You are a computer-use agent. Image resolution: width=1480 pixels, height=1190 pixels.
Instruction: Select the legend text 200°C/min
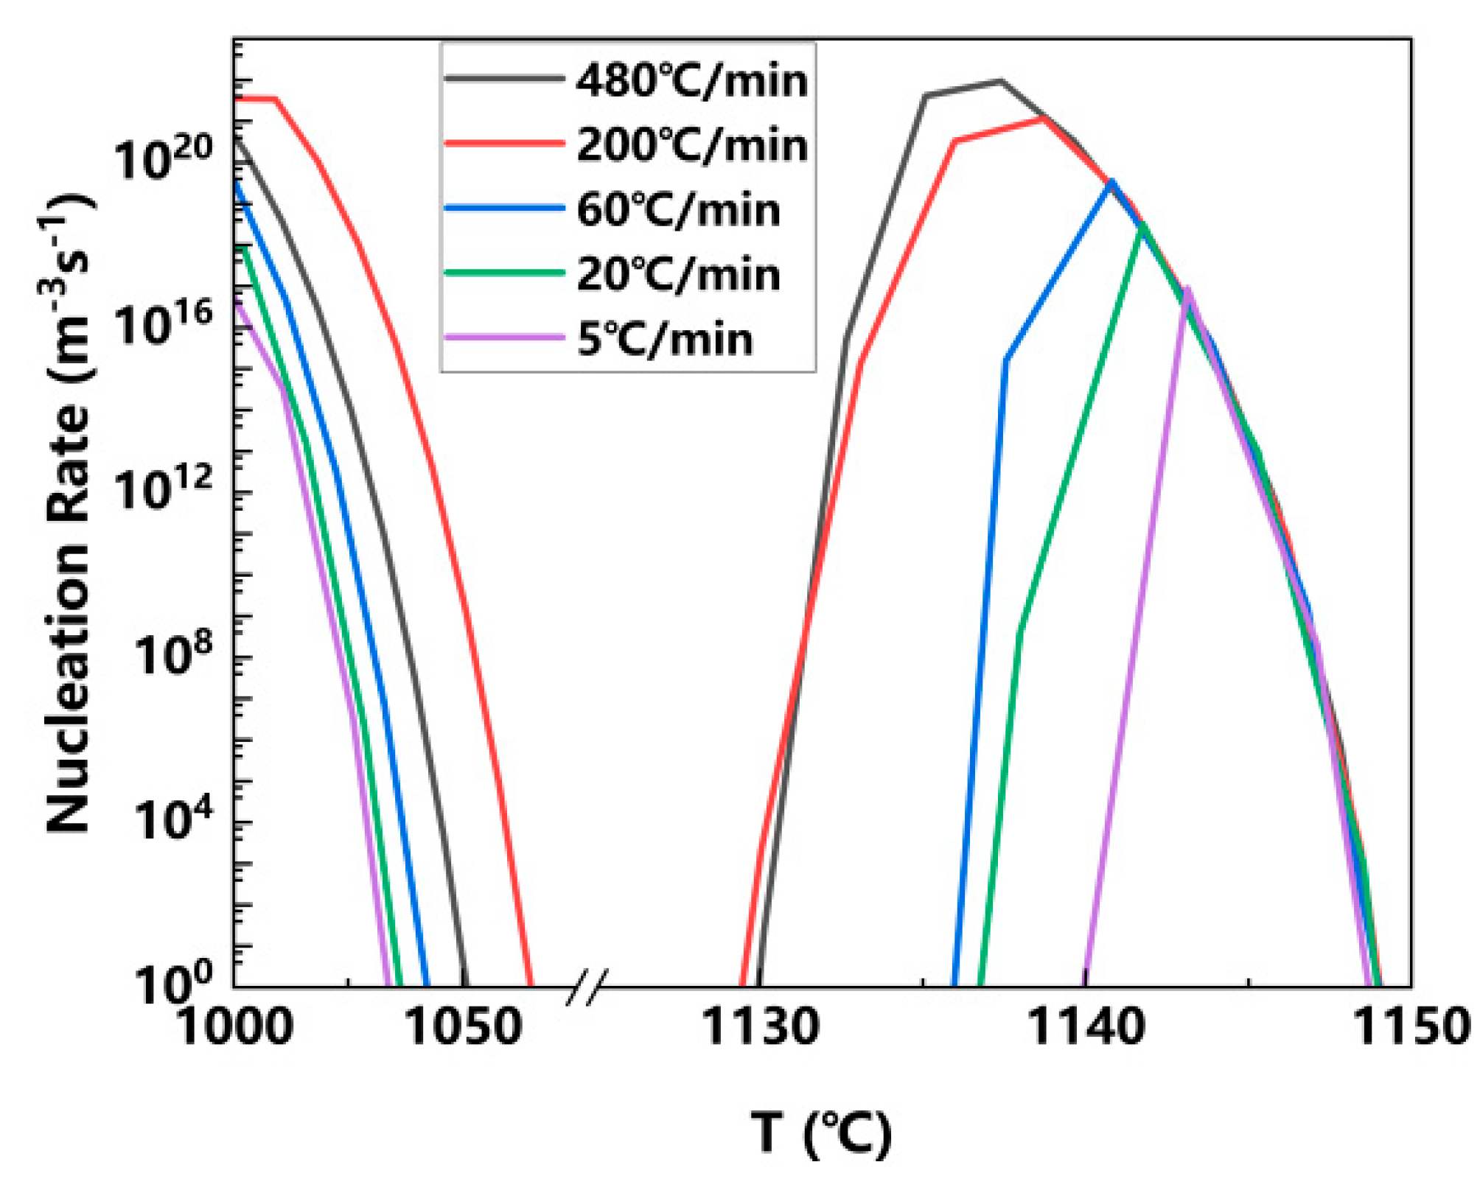pos(691,144)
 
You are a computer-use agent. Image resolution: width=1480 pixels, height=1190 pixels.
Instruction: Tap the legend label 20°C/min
pos(678,274)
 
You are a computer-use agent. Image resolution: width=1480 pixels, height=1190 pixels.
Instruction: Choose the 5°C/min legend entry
pos(665,339)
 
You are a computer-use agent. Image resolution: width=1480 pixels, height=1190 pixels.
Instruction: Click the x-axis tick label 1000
pos(234,1026)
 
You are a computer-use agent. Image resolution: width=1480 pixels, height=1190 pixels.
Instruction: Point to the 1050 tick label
pos(464,1026)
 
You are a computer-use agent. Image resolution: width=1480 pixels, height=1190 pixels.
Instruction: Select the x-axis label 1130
pos(760,1026)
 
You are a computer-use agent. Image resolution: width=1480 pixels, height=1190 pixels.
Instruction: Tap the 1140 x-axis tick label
pos(1086,1026)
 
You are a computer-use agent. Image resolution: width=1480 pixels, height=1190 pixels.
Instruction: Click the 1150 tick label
pos(1411,1026)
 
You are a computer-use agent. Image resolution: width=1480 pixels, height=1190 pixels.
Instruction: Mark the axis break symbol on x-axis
pos(587,987)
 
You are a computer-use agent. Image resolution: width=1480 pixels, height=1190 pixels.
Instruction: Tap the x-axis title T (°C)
pos(822,1133)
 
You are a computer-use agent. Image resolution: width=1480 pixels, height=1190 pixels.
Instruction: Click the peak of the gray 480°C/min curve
pos(1000,80)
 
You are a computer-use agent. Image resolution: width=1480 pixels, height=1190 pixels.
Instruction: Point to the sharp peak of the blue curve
pos(1111,181)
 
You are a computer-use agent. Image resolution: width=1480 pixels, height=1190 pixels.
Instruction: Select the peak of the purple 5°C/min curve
pos(1187,289)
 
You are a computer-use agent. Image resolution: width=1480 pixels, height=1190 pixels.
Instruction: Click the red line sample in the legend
pos(505,144)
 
